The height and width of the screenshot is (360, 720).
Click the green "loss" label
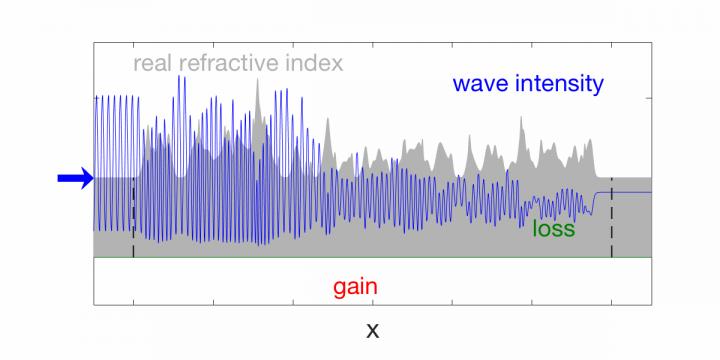(553, 229)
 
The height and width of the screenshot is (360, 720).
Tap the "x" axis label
(372, 329)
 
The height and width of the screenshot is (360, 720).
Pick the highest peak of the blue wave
(180, 77)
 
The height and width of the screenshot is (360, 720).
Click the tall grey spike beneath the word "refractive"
(258, 84)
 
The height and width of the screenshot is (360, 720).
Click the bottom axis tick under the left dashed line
(133, 301)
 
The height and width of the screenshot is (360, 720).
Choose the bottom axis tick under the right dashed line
(612, 301)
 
